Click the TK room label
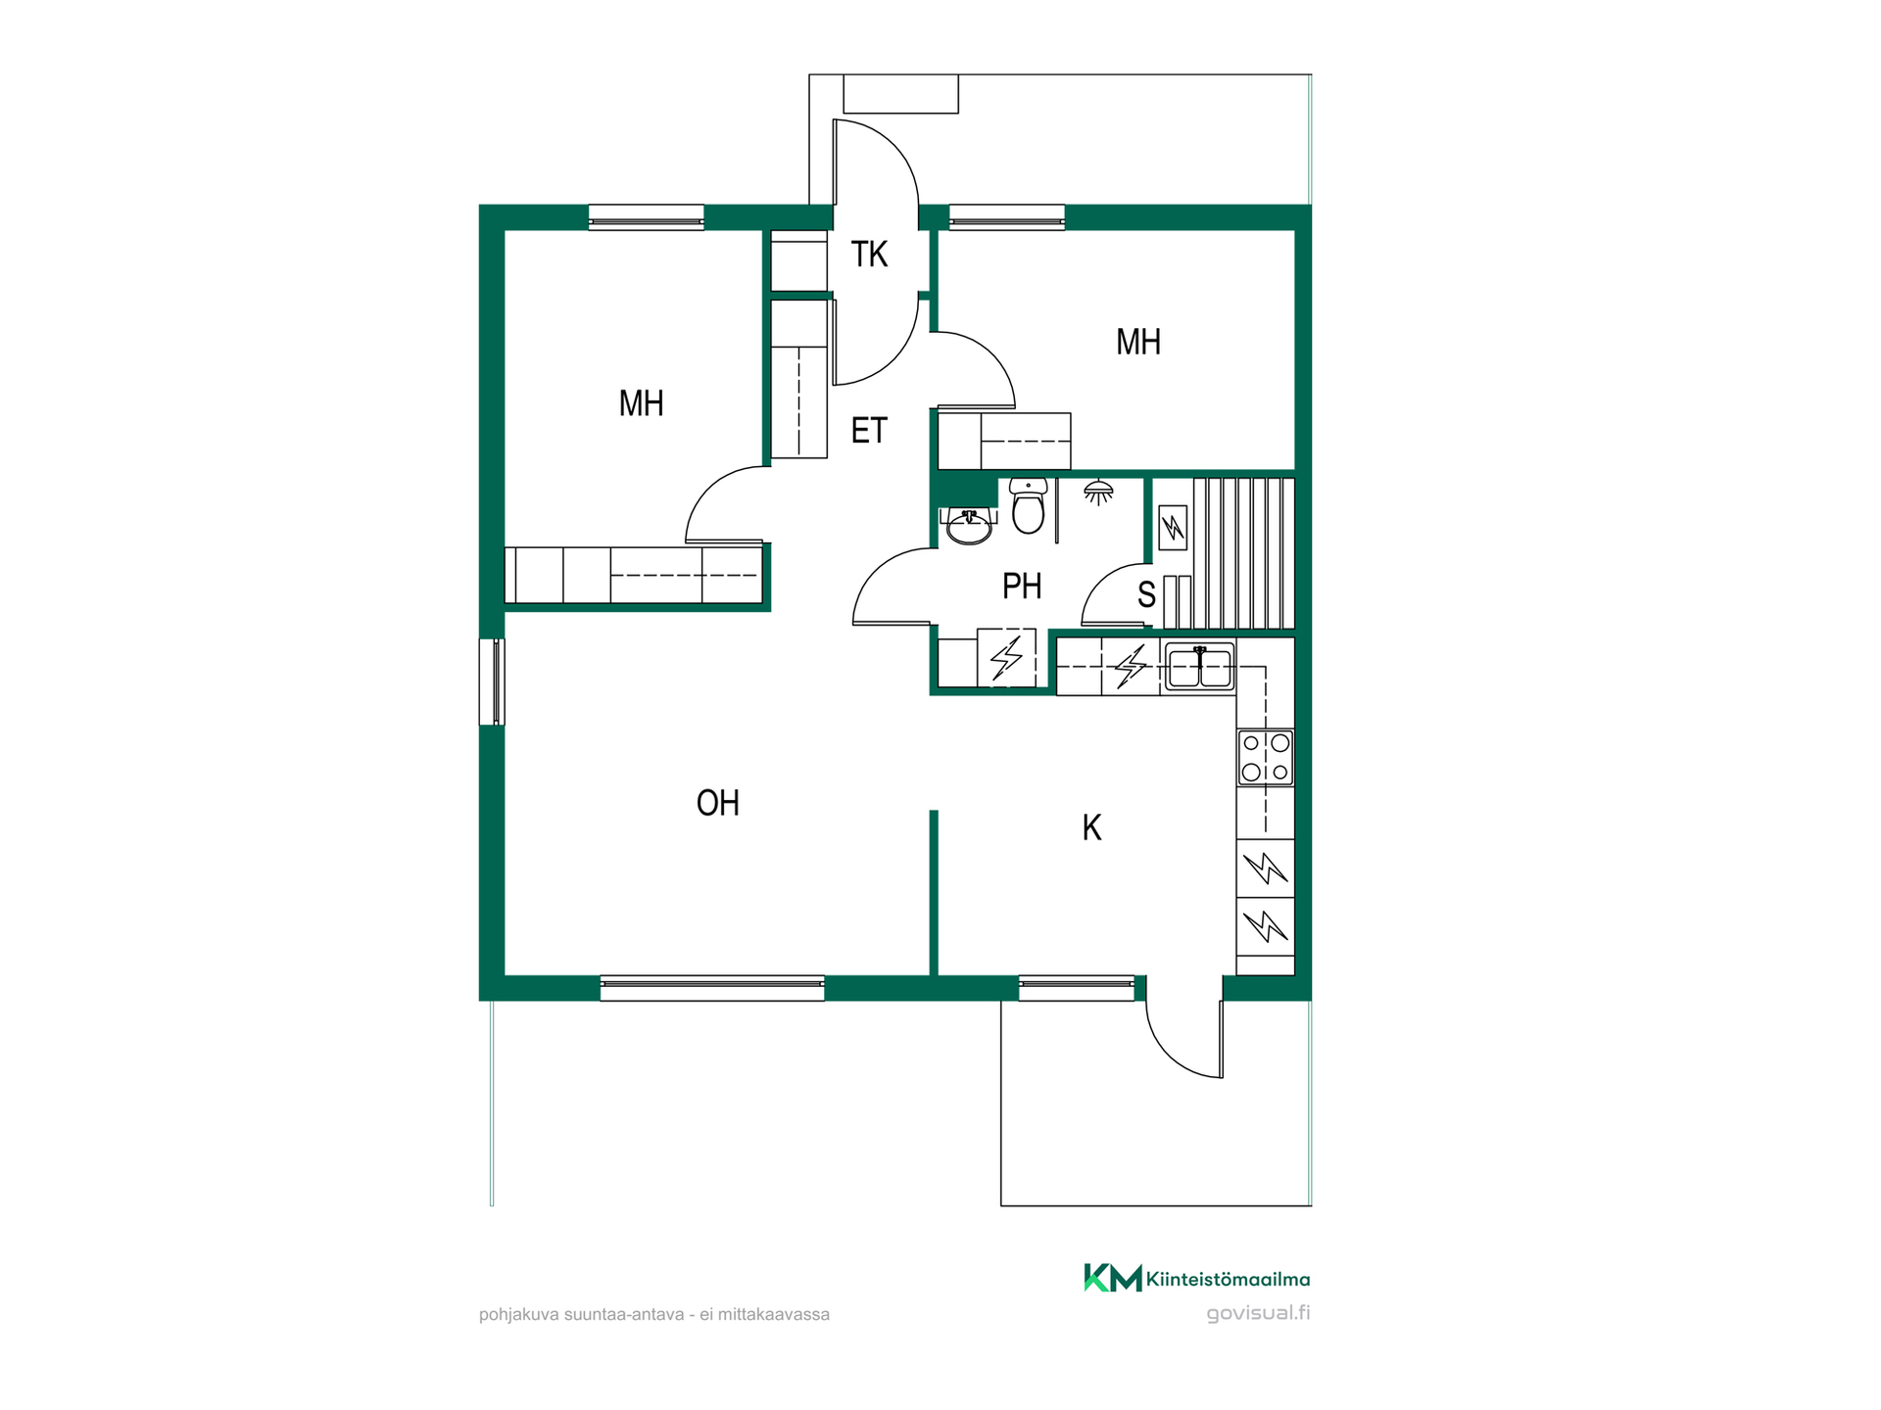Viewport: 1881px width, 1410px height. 869,255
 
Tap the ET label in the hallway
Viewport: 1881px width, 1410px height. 869,431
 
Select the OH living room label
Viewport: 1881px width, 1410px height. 717,803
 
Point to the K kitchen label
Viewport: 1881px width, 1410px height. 1091,828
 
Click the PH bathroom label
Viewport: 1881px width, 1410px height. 1022,587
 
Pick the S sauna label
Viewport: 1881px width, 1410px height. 1146,595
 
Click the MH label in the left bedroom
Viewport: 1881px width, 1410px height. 642,403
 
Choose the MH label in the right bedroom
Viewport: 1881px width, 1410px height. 1138,342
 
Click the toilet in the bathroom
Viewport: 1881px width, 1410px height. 1028,505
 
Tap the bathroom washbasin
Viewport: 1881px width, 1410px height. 968,527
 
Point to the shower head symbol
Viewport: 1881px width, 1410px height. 1098,492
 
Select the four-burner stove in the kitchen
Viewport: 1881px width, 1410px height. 1266,758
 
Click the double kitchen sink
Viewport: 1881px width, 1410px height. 1199,666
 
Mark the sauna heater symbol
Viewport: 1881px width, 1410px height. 1173,529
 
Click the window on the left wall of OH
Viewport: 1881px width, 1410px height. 492,681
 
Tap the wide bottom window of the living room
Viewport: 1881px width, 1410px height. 712,988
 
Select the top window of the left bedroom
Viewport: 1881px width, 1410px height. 646,217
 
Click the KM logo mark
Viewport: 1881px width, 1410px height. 1113,1278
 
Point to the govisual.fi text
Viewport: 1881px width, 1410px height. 1258,1313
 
